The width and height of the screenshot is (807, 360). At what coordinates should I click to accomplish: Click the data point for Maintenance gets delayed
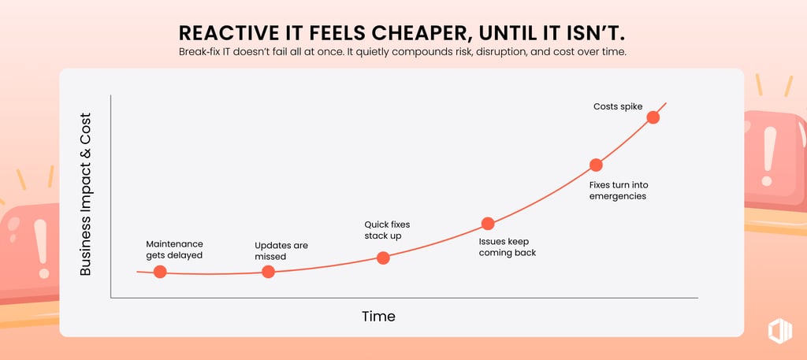160,272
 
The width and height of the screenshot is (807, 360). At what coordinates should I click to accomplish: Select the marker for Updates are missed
268,272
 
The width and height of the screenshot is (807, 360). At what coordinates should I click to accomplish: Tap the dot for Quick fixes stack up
383,258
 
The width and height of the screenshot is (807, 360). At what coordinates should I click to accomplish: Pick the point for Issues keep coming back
488,224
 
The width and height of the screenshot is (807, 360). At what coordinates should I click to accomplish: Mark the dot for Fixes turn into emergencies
596,165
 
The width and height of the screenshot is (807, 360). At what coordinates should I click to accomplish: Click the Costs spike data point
653,117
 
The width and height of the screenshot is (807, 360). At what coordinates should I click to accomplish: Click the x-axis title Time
378,317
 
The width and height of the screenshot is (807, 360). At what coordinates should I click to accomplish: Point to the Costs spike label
618,106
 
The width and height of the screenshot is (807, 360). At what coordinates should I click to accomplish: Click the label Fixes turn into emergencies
619,190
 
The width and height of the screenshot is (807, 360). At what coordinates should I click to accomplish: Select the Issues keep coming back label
507,247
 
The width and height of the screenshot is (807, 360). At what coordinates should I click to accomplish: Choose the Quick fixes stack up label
387,230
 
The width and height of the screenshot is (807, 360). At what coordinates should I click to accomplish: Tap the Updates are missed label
281,251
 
